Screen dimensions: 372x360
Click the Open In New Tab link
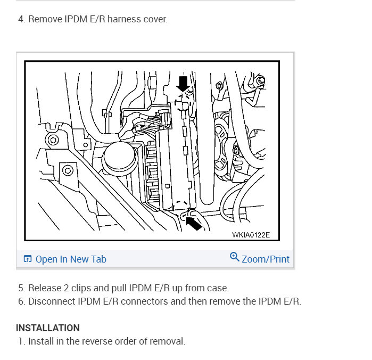pos(71,259)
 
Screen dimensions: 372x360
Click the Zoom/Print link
pos(266,259)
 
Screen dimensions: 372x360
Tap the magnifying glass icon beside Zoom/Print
pos(234,257)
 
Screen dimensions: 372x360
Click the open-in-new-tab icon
pos(28,259)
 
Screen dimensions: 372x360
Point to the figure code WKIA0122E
pos(251,235)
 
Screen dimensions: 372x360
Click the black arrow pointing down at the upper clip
pos(183,84)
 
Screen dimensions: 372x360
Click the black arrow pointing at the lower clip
pos(194,223)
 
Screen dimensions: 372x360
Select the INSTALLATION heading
pos(48,328)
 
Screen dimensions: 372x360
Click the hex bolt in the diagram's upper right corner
pos(261,81)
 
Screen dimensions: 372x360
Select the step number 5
pos(21,288)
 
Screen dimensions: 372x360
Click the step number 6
pos(21,301)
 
